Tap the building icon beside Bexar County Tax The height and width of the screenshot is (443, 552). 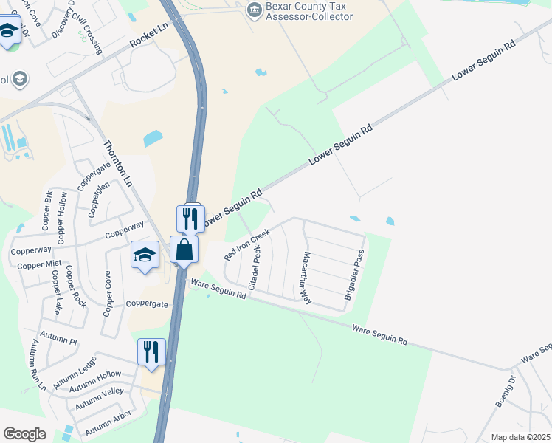pos(255,10)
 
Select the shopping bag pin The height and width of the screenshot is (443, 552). pos(184,250)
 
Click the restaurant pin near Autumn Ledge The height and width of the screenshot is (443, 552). pos(151,352)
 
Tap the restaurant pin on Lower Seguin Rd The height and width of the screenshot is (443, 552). pos(191,219)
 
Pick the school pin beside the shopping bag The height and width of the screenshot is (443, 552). pos(145,255)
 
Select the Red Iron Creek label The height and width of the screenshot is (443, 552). pos(247,244)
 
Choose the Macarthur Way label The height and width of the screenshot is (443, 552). pos(306,277)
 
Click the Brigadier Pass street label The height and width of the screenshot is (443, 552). pos(355,273)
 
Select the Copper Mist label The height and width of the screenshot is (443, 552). pos(39,264)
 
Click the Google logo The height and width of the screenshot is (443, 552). pos(24,434)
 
